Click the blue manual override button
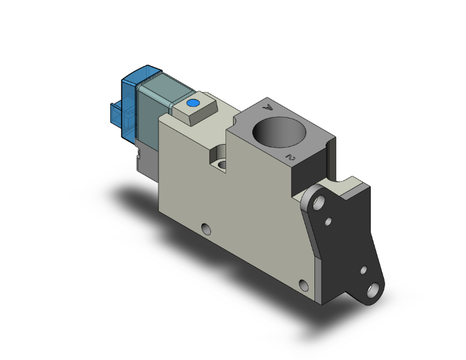[193, 103]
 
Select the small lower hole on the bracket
[364, 270]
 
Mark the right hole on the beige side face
[304, 285]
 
